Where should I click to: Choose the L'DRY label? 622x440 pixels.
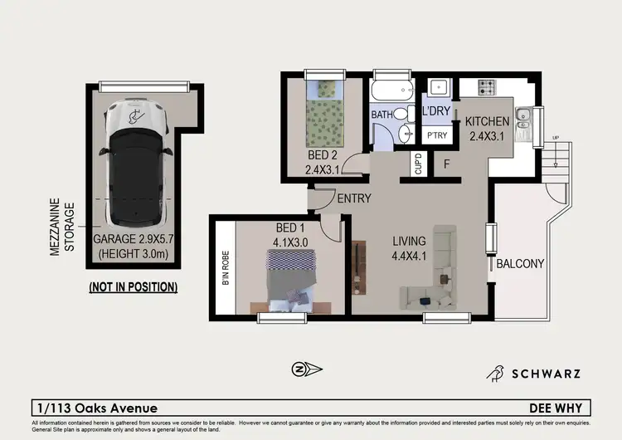[435, 111]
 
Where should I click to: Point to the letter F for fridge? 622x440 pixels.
[445, 164]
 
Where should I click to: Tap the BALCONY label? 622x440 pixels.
[520, 264]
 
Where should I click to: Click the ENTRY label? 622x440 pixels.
[353, 198]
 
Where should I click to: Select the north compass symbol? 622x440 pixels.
[299, 369]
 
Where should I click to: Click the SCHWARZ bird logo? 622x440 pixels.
[497, 374]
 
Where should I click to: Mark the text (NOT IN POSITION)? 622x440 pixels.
[133, 287]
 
